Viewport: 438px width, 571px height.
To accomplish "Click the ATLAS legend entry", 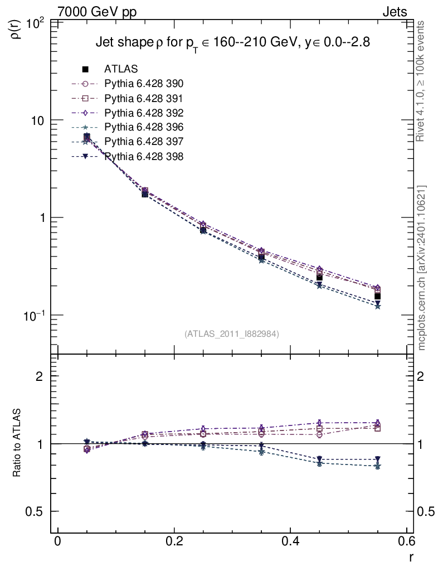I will [121, 69].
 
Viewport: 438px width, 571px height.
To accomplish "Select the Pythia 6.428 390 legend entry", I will [144, 84].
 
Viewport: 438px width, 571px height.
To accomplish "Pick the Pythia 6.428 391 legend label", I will [144, 98].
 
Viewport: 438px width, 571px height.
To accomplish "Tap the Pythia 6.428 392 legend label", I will [144, 113].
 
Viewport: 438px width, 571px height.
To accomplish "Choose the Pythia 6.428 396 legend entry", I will [144, 127].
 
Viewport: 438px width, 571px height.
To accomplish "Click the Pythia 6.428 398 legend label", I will [144, 156].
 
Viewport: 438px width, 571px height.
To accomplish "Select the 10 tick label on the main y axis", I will [39, 121].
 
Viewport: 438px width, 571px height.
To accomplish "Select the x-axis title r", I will [411, 557].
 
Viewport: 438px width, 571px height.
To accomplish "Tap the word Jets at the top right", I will [394, 11].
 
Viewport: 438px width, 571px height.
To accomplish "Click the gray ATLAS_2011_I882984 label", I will [232, 333].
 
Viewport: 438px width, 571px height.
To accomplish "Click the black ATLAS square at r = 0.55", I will [377, 296].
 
